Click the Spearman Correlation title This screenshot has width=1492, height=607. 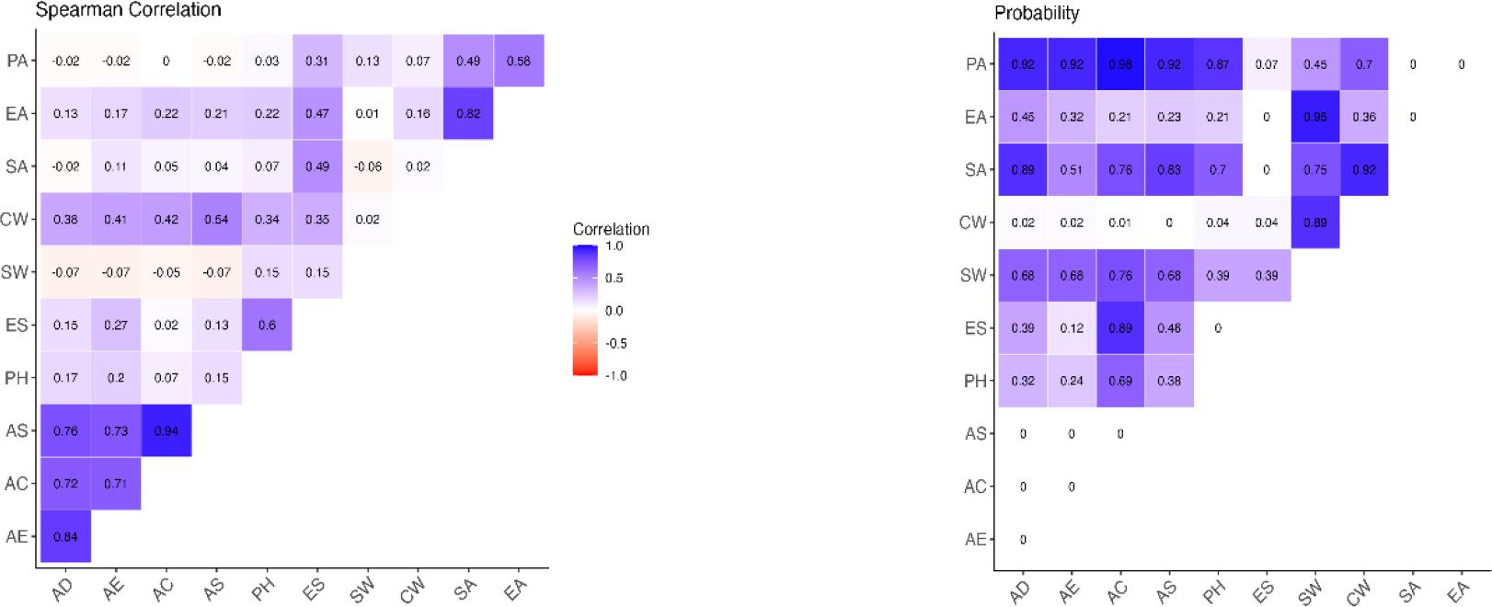click(x=128, y=10)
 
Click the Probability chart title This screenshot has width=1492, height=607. click(x=1037, y=13)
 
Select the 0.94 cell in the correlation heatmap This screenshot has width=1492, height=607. click(x=166, y=430)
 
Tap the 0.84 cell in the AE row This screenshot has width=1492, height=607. click(x=65, y=536)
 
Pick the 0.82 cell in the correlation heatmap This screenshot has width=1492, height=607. click(x=467, y=113)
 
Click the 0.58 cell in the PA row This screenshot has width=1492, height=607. click(x=518, y=61)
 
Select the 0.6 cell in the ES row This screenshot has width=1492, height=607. click(x=267, y=325)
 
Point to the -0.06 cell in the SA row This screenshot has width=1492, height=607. click(x=367, y=166)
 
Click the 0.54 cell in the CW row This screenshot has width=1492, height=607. click(x=216, y=219)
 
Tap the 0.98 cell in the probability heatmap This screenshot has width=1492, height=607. click(x=1120, y=64)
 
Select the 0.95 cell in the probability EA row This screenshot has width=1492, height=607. click(x=1315, y=117)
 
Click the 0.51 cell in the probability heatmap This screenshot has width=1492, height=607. click(x=1072, y=169)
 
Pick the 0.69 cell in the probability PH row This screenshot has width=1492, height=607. click(x=1120, y=381)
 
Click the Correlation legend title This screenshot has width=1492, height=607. click(x=611, y=229)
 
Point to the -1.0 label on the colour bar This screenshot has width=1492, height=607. click(x=615, y=375)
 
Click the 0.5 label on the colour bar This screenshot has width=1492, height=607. click(x=614, y=278)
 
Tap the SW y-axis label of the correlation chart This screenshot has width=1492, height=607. click(x=16, y=272)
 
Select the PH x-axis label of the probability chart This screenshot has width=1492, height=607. click(x=1215, y=591)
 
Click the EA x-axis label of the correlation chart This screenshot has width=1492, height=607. click(x=515, y=589)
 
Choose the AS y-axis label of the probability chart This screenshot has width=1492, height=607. click(x=975, y=433)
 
